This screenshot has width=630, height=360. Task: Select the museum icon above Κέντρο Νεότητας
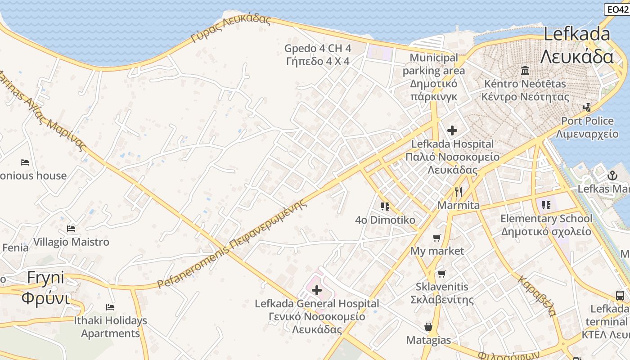[525, 71]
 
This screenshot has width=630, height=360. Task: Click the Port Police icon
[587, 108]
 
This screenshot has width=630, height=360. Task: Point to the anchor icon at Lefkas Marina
[612, 175]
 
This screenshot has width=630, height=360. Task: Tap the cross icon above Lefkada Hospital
[452, 130]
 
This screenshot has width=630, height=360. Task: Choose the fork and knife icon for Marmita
[459, 192]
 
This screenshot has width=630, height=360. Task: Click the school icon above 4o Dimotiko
[385, 207]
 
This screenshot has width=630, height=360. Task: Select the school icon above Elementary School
[546, 206]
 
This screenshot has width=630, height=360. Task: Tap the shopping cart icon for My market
[436, 238]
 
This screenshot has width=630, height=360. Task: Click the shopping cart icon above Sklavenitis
[442, 274]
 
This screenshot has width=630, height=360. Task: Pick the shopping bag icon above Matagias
[428, 327]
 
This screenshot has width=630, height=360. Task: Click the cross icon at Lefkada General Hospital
[317, 290]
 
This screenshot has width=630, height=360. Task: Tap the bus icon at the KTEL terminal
[620, 296]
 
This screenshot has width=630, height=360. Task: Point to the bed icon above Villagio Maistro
[71, 229]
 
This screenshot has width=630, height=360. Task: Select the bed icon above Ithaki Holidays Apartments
[110, 307]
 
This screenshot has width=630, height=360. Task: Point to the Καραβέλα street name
[537, 296]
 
